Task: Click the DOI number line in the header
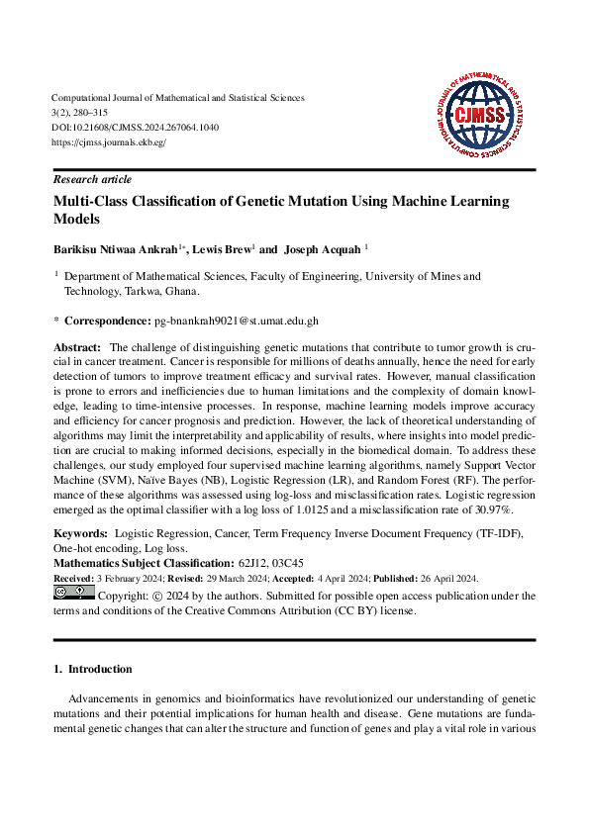coord(135,128)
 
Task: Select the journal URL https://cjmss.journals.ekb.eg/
coord(109,142)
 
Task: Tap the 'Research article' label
coord(92,180)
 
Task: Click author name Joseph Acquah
coord(323,250)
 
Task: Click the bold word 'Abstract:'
coord(77,348)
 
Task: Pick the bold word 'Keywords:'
coord(80,533)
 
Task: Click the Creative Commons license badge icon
coord(73,594)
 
